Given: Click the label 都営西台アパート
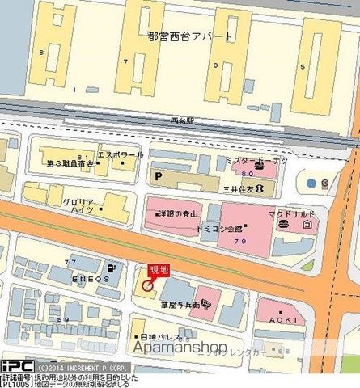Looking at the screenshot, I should coord(190,36).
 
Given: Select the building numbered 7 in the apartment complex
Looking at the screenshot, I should coord(125,61).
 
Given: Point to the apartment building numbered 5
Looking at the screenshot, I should coord(303,65).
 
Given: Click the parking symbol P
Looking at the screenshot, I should coord(159,175).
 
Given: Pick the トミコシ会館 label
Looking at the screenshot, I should coord(237,229).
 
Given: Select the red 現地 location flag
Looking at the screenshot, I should coord(156,272).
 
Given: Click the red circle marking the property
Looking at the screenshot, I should coord(147,285).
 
